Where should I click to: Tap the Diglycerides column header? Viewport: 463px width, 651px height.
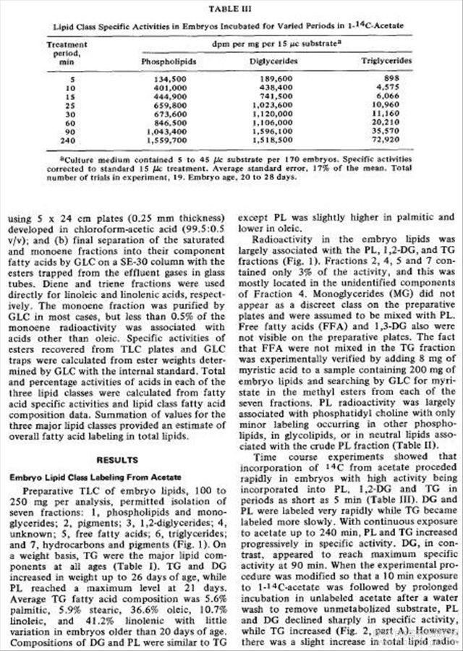tap(275, 61)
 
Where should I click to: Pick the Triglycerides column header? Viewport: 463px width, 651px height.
tap(387, 61)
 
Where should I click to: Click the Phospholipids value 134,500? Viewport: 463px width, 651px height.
tap(171, 79)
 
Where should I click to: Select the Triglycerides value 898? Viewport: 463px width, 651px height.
tap(401, 79)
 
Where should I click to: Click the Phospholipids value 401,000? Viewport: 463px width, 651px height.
tap(171, 87)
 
